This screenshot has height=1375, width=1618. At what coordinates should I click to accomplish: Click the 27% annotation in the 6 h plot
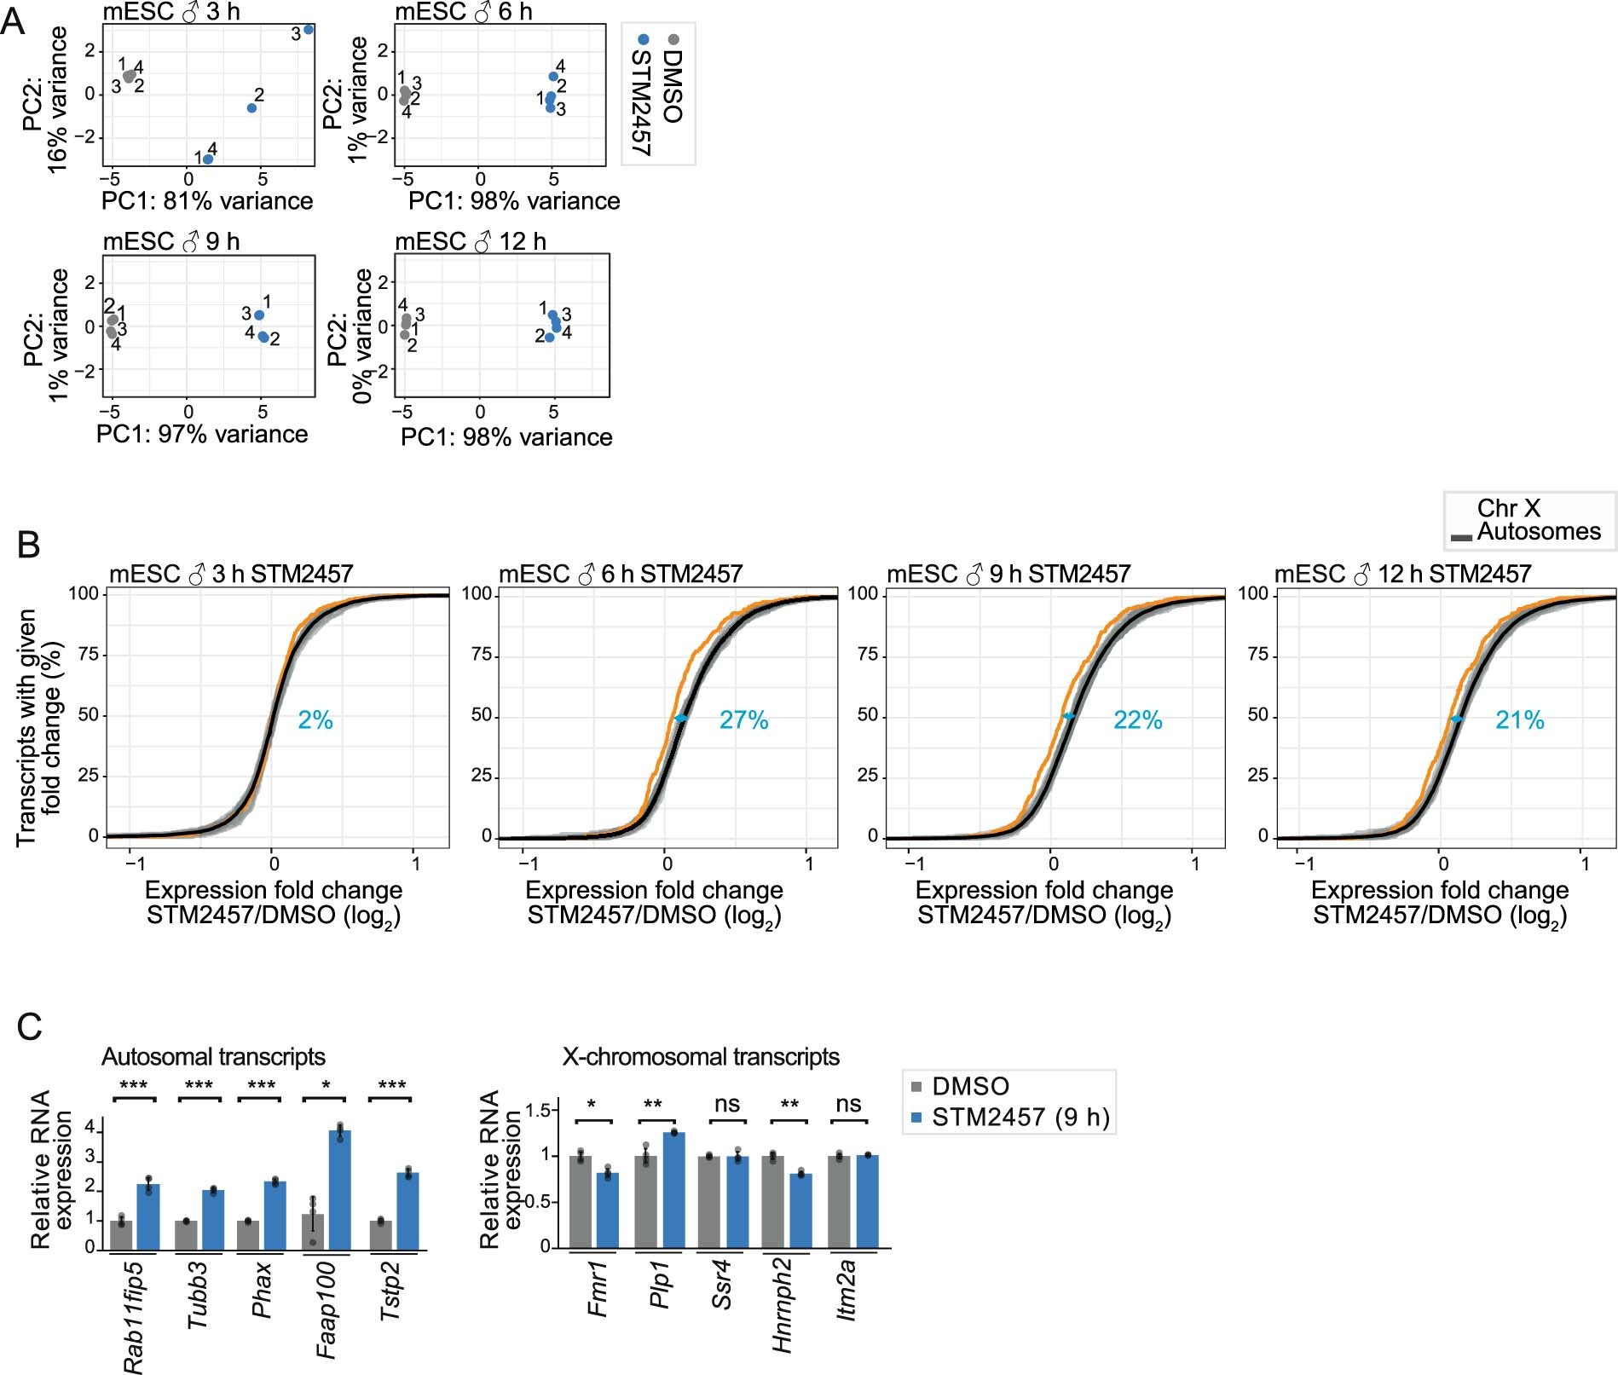coord(743,721)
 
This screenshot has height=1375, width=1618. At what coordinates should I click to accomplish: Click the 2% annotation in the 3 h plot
coord(315,721)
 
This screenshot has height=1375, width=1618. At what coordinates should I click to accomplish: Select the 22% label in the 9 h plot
coord(1137,721)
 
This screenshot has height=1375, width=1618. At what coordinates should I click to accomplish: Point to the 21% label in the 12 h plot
coord(1519,721)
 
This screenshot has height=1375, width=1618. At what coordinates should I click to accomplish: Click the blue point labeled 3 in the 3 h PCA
coord(309,30)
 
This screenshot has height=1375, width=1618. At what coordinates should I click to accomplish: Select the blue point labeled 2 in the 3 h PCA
coord(251,108)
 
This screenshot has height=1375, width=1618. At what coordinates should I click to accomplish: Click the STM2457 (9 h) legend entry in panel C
coord(1020,1118)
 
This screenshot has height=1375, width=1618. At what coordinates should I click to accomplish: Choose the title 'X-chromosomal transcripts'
coord(701,1057)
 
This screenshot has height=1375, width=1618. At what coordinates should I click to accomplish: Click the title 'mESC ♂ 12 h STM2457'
coord(1403,575)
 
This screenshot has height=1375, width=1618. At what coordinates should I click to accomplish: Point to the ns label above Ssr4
coord(726,1105)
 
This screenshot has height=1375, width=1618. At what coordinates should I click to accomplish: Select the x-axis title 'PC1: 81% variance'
coord(207,201)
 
